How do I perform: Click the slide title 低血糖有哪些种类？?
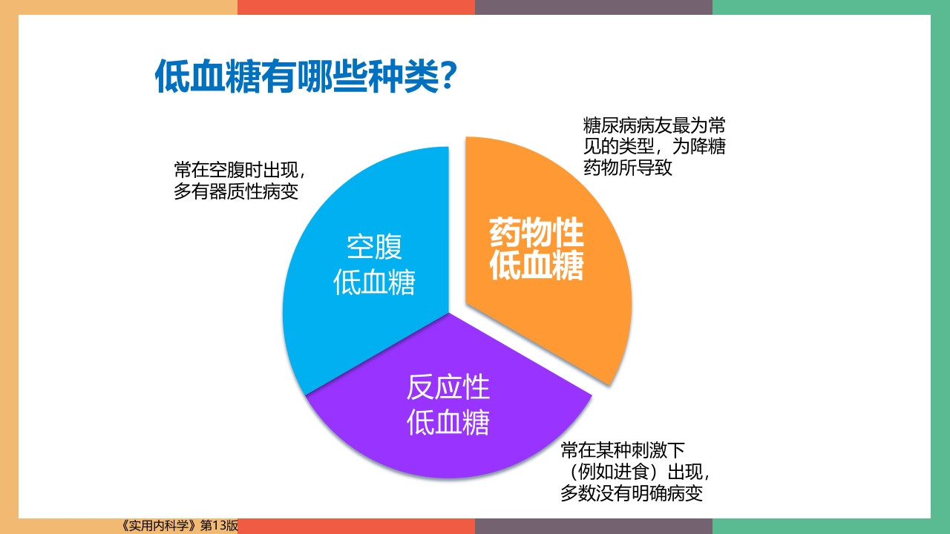coord(304,76)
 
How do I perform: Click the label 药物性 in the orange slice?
coord(537,234)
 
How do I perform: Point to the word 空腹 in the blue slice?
coord(374,247)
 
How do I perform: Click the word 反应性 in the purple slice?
coord(448,387)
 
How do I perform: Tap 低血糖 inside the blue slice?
coord(374,283)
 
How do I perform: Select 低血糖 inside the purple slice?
coord(448,423)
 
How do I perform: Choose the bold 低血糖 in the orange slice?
coord(537,267)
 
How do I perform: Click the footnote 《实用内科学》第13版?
coord(178,526)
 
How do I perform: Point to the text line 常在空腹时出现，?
coord(240,170)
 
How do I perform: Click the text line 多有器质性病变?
coord(236,192)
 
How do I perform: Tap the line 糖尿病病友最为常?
coord(654,124)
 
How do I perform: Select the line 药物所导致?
coord(628,168)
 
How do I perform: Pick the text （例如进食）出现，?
coord(639,472)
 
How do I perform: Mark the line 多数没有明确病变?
coord(632,493)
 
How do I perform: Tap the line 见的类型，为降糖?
coord(654,146)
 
